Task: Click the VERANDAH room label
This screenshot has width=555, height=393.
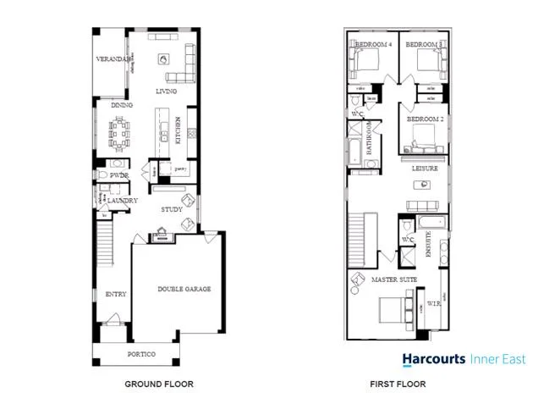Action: point(113,60)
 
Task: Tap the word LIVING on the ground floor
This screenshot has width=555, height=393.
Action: point(167,91)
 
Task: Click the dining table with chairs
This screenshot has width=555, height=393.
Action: point(121,131)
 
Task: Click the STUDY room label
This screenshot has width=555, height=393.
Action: point(173,210)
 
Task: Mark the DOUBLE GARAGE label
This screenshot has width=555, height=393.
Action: point(184,289)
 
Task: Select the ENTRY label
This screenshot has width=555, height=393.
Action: point(116,295)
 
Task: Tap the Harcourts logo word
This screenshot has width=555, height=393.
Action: point(433,359)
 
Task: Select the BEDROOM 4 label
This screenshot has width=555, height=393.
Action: point(373,43)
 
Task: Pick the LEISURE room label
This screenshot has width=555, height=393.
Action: point(425,169)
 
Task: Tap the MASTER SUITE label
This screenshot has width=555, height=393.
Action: point(390,279)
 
